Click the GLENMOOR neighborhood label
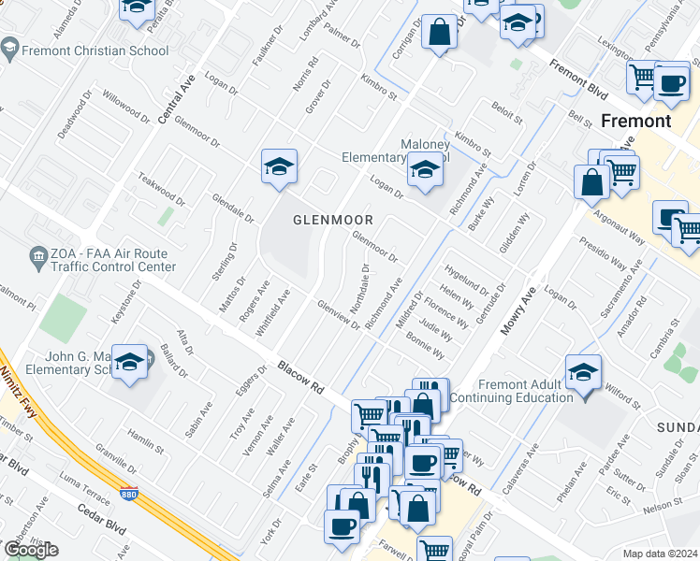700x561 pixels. pyautogui.click(x=333, y=221)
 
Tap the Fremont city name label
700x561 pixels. pyautogui.click(x=635, y=122)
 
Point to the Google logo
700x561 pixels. pyautogui.click(x=31, y=550)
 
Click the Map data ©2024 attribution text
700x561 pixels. pyautogui.click(x=660, y=554)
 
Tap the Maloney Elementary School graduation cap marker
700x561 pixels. pyautogui.click(x=425, y=171)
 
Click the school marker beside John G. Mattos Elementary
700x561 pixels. pyautogui.click(x=130, y=364)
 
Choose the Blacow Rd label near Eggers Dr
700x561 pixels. pyautogui.click(x=299, y=376)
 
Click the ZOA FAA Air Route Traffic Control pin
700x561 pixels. pyautogui.click(x=38, y=254)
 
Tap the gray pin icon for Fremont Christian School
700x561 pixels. pyautogui.click(x=10, y=47)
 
